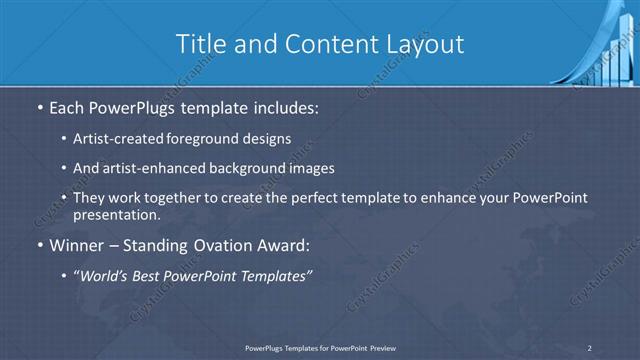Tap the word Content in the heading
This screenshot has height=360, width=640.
(x=316, y=44)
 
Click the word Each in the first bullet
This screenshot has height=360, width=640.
(x=69, y=105)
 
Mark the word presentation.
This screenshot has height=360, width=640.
(x=116, y=214)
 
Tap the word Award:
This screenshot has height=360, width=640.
(x=285, y=246)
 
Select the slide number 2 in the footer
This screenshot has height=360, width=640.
(x=590, y=347)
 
